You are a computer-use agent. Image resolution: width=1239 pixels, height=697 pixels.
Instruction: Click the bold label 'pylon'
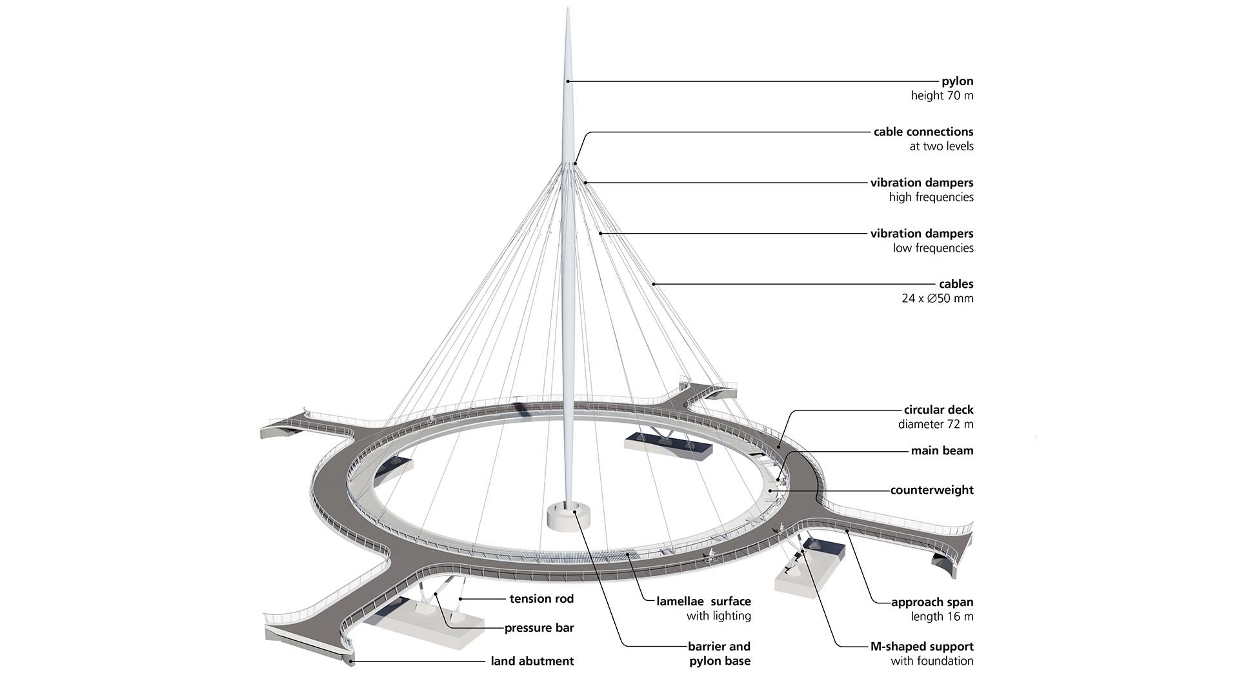[957, 81]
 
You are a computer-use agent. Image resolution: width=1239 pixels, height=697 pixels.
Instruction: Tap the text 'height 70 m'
[942, 96]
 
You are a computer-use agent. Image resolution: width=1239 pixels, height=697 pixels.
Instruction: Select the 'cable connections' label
[923, 132]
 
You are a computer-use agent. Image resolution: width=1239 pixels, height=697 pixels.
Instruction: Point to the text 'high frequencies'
[931, 197]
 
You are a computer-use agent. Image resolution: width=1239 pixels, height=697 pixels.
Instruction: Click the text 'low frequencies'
[932, 248]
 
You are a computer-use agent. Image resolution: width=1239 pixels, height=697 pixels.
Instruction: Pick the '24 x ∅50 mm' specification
[937, 298]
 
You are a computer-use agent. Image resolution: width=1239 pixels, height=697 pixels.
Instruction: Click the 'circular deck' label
[938, 410]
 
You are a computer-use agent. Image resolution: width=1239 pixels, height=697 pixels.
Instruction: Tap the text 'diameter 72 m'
[935, 425]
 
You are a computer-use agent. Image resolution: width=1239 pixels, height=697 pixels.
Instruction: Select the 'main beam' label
[942, 451]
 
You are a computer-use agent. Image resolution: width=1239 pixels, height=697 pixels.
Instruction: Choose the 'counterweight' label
[931, 490]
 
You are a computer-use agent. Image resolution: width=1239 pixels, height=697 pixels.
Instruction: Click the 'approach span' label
[932, 602]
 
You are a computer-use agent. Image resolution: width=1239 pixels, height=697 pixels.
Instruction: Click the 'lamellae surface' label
[703, 601]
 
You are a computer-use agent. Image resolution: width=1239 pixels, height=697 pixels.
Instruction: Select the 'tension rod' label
[541, 599]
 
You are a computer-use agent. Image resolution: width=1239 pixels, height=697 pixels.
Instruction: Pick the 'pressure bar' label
[539, 628]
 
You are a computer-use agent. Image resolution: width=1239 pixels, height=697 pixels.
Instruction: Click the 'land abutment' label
[532, 661]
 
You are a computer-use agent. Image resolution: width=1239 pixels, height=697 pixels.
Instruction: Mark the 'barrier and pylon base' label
[719, 653]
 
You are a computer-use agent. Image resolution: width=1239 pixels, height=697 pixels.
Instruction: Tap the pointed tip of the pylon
[568, 10]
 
